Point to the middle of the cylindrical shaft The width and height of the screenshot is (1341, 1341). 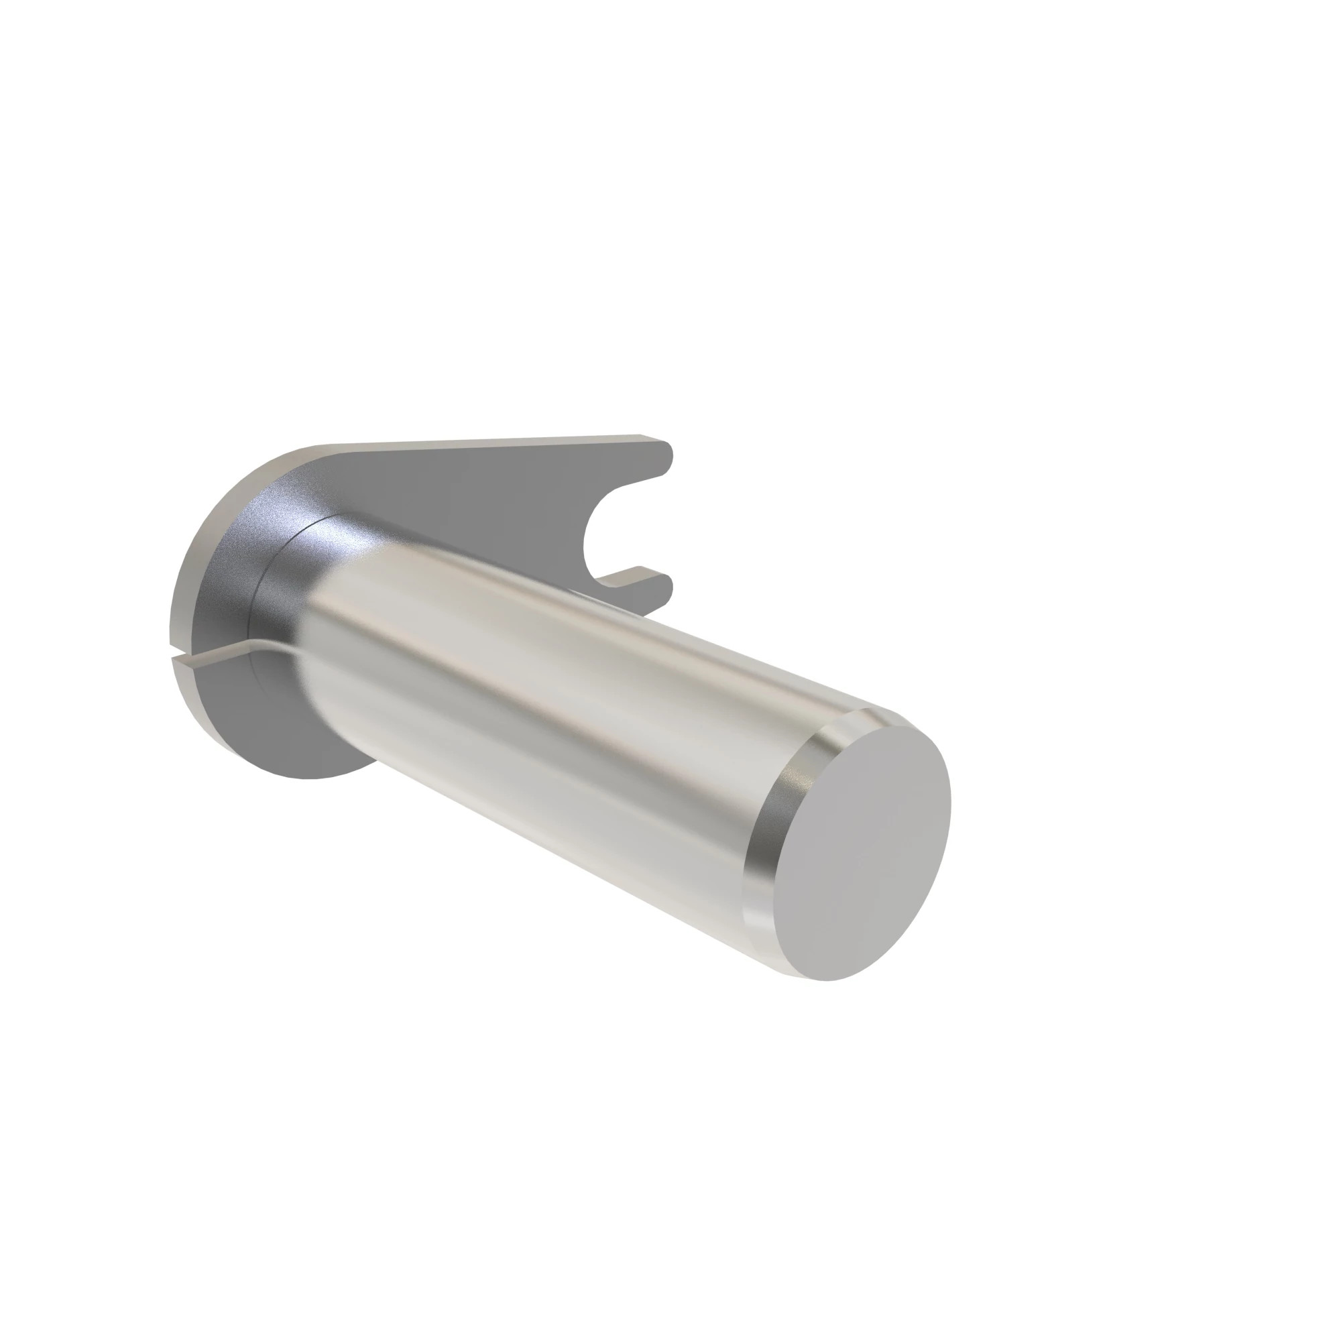[555, 694]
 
